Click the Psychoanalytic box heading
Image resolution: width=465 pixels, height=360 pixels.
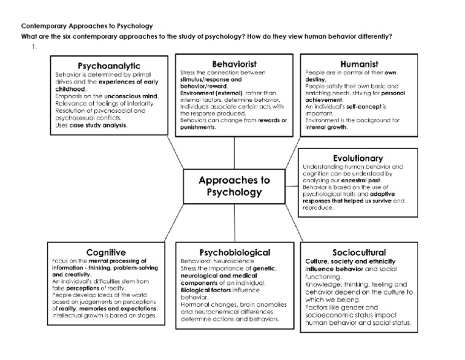point(109,65)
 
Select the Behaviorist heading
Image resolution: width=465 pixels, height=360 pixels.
point(234,63)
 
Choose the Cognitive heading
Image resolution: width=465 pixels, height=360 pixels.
point(106,252)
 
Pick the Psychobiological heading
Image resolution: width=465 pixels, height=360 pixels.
point(234,252)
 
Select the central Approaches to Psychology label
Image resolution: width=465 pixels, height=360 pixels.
point(234,187)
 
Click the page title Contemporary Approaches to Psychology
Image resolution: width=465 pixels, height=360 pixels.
point(87,26)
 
